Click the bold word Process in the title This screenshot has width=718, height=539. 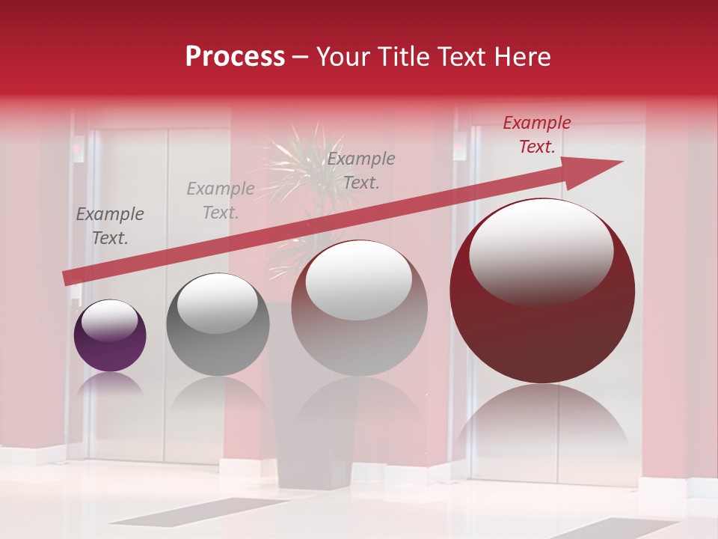tap(235, 57)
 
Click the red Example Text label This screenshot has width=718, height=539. tap(536, 135)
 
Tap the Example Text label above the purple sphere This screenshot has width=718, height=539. tap(110, 226)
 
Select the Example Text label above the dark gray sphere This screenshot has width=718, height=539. tap(220, 201)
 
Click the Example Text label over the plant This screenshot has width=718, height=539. tap(361, 170)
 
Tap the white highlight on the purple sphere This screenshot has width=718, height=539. tap(109, 320)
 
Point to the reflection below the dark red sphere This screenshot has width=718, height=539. tap(542, 427)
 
